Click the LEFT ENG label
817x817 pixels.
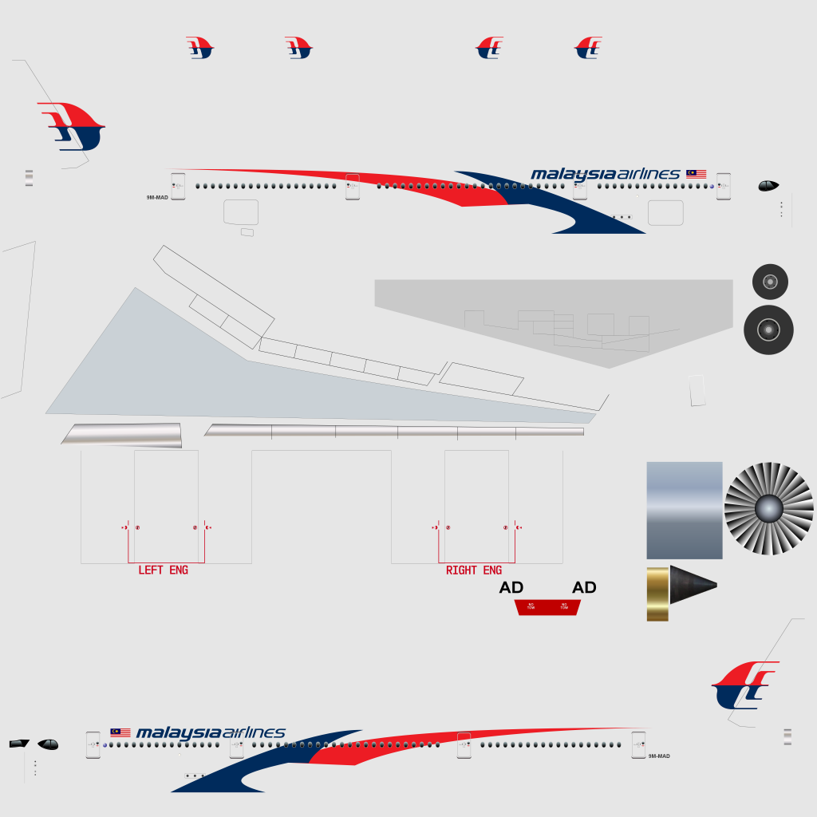point(163,570)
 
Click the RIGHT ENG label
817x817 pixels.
point(474,570)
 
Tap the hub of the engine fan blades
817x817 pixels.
point(768,508)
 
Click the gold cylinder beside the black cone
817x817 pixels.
point(657,594)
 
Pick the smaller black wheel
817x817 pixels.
point(770,282)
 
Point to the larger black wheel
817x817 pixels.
point(768,330)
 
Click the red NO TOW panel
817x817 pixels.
point(547,607)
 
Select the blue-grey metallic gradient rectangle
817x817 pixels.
point(684,510)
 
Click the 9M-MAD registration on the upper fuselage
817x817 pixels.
point(157,197)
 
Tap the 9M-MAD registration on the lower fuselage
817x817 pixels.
point(659,756)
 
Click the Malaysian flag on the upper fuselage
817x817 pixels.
point(696,173)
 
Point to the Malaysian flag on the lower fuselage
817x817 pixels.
point(120,732)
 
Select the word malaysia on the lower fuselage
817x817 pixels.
point(179,733)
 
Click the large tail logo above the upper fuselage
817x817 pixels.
point(72,126)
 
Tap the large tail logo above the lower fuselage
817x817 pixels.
point(745,685)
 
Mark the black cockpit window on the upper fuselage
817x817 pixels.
point(768,186)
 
